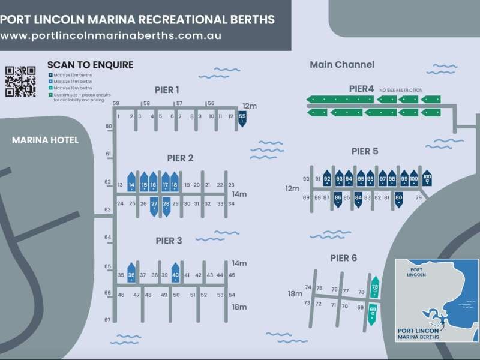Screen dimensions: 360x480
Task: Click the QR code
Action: (20, 81)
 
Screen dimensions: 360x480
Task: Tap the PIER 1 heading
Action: (167, 90)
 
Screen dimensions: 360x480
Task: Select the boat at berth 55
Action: (242, 118)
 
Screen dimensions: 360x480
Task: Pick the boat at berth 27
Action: (154, 205)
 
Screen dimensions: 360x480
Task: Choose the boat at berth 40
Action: (175, 273)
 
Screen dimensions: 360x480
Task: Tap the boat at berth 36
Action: (131, 273)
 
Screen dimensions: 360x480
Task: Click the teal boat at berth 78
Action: (375, 288)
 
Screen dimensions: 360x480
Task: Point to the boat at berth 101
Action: (427, 178)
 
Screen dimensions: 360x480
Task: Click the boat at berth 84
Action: (358, 199)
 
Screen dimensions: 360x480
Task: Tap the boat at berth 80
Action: (398, 199)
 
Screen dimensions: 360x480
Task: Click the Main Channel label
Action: (342, 65)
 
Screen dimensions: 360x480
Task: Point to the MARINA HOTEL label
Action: (46, 140)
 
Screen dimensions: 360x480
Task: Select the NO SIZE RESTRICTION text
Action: (401, 90)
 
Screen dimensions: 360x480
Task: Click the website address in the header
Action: (111, 35)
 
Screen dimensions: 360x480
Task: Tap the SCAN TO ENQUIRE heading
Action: (90, 65)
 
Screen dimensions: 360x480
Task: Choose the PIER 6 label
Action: (343, 258)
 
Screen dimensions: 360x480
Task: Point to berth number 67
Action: (108, 320)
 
